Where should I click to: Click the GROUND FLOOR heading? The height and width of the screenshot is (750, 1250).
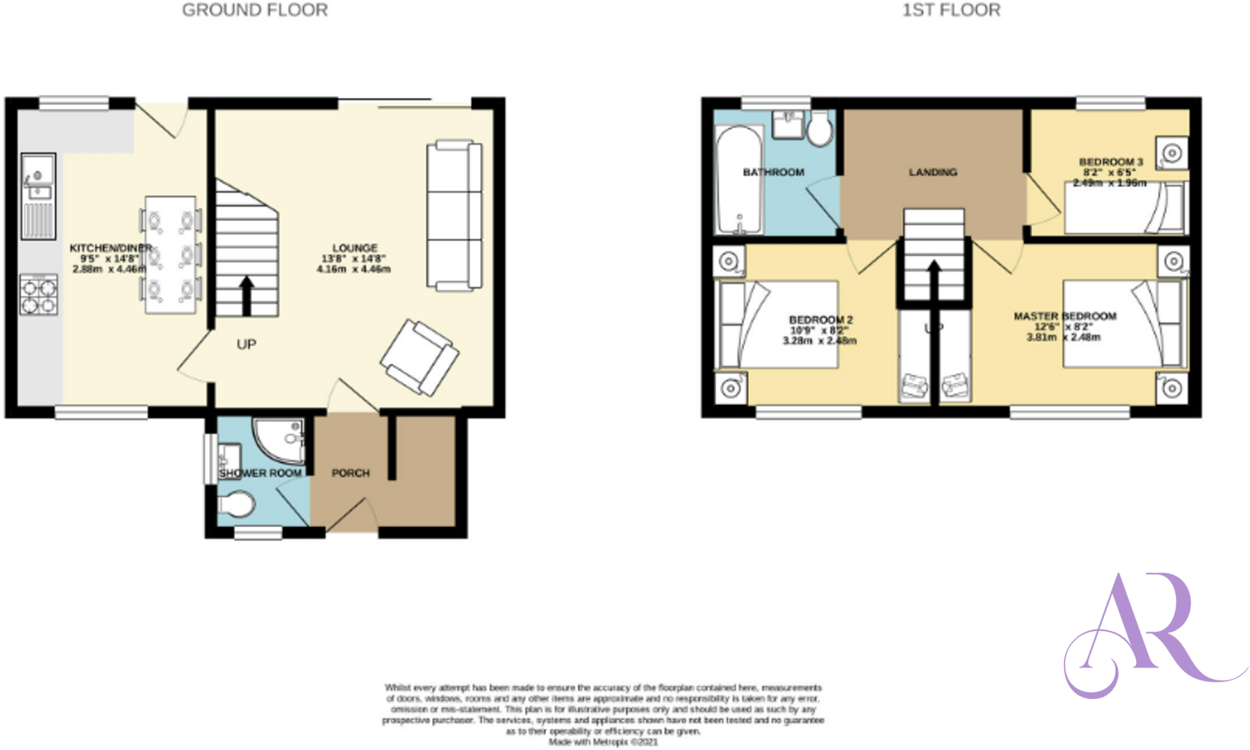(255, 10)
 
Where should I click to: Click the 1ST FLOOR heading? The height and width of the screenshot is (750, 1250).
(951, 10)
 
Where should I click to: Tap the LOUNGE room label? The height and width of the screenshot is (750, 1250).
(355, 248)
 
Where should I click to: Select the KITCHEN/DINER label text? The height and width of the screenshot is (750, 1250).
(110, 248)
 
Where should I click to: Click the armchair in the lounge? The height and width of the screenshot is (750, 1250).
(419, 357)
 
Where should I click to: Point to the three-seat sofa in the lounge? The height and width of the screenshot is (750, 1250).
(454, 215)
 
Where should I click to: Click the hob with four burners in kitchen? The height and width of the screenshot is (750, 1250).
(38, 295)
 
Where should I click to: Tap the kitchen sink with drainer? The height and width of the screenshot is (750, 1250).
(38, 195)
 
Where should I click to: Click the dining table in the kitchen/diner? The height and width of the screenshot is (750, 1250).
(170, 255)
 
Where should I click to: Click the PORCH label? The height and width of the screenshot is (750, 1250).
(350, 473)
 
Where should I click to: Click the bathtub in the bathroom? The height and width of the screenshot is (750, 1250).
(739, 180)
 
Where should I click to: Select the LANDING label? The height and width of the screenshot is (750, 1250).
(933, 173)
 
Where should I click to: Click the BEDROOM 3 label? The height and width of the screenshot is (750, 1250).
(1111, 162)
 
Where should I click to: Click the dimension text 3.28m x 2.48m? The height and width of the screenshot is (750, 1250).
(819, 341)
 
